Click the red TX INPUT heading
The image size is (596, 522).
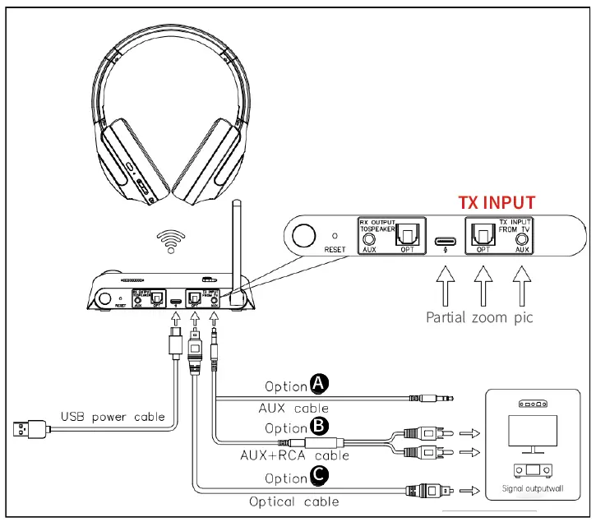[496, 202]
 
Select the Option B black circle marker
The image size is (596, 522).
[318, 427]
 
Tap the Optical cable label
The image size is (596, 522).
[293, 501]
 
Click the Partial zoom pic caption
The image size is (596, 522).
[479, 316]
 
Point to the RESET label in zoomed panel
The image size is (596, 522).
[335, 249]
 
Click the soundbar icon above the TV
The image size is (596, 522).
[534, 404]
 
